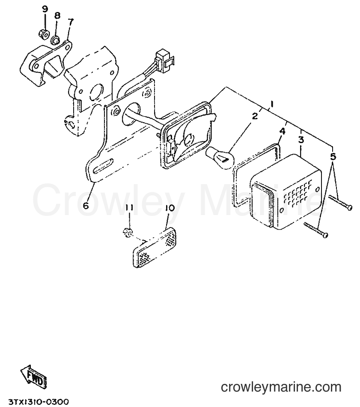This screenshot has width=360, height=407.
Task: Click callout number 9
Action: click(45, 9)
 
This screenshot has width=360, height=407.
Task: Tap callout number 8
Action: click(57, 15)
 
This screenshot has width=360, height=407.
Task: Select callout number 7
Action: click(71, 21)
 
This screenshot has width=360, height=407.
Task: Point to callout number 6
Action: click(86, 205)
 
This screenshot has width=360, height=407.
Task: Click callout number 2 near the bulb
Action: click(255, 116)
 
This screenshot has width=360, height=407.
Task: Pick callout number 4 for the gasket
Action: click(282, 131)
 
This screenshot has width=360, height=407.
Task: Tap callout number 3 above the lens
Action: click(301, 140)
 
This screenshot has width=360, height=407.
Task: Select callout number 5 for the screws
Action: click(333, 156)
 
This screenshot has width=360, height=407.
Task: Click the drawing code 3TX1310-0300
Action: click(39, 402)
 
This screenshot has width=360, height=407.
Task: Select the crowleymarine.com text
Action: click(281, 388)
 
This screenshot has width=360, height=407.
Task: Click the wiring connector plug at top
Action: click(163, 58)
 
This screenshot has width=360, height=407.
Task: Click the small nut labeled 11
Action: click(128, 233)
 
